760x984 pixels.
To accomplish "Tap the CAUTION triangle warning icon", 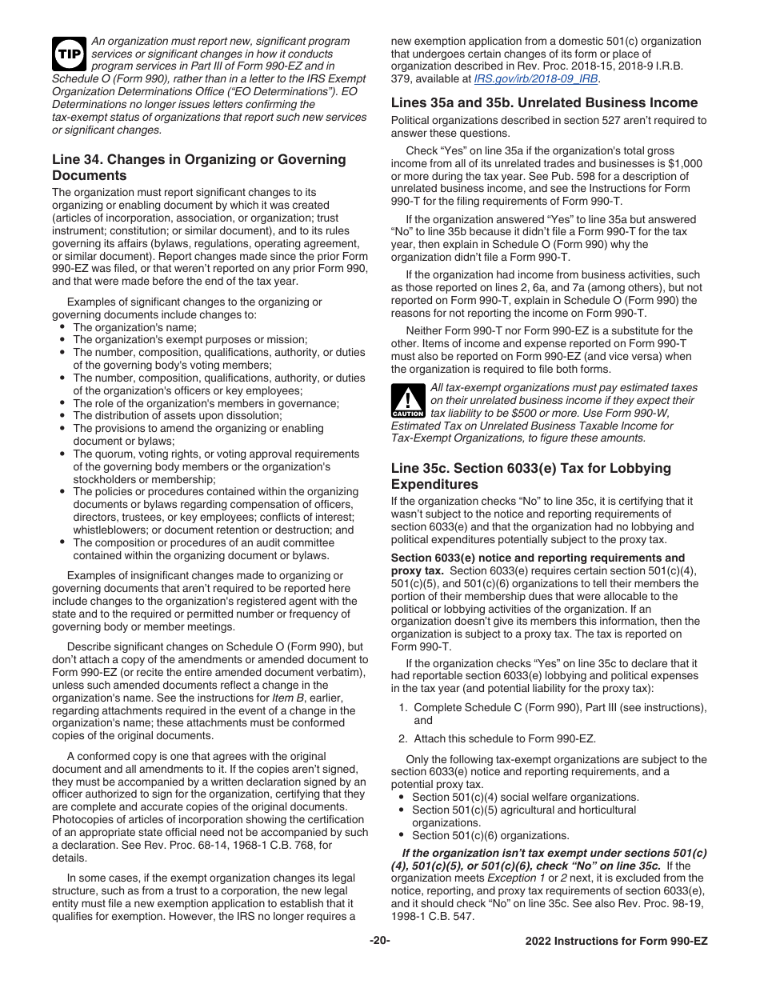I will (408, 402).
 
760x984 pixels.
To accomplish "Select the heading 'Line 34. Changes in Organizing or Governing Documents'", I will (198, 167).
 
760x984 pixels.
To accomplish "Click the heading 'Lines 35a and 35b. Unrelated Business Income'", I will (544, 102).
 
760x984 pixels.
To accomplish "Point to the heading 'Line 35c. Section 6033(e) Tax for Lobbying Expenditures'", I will (531, 476).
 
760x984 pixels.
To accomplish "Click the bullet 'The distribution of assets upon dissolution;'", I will (177, 416).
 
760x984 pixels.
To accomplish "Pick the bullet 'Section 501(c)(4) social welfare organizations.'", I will (525, 797).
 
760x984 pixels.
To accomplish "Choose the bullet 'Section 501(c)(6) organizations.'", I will (490, 835).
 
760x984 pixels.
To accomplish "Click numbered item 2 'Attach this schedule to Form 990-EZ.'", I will (504, 738).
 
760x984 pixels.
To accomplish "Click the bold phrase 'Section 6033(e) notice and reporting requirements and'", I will (538, 558).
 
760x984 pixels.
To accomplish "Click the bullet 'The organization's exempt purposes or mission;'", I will (190, 340).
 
